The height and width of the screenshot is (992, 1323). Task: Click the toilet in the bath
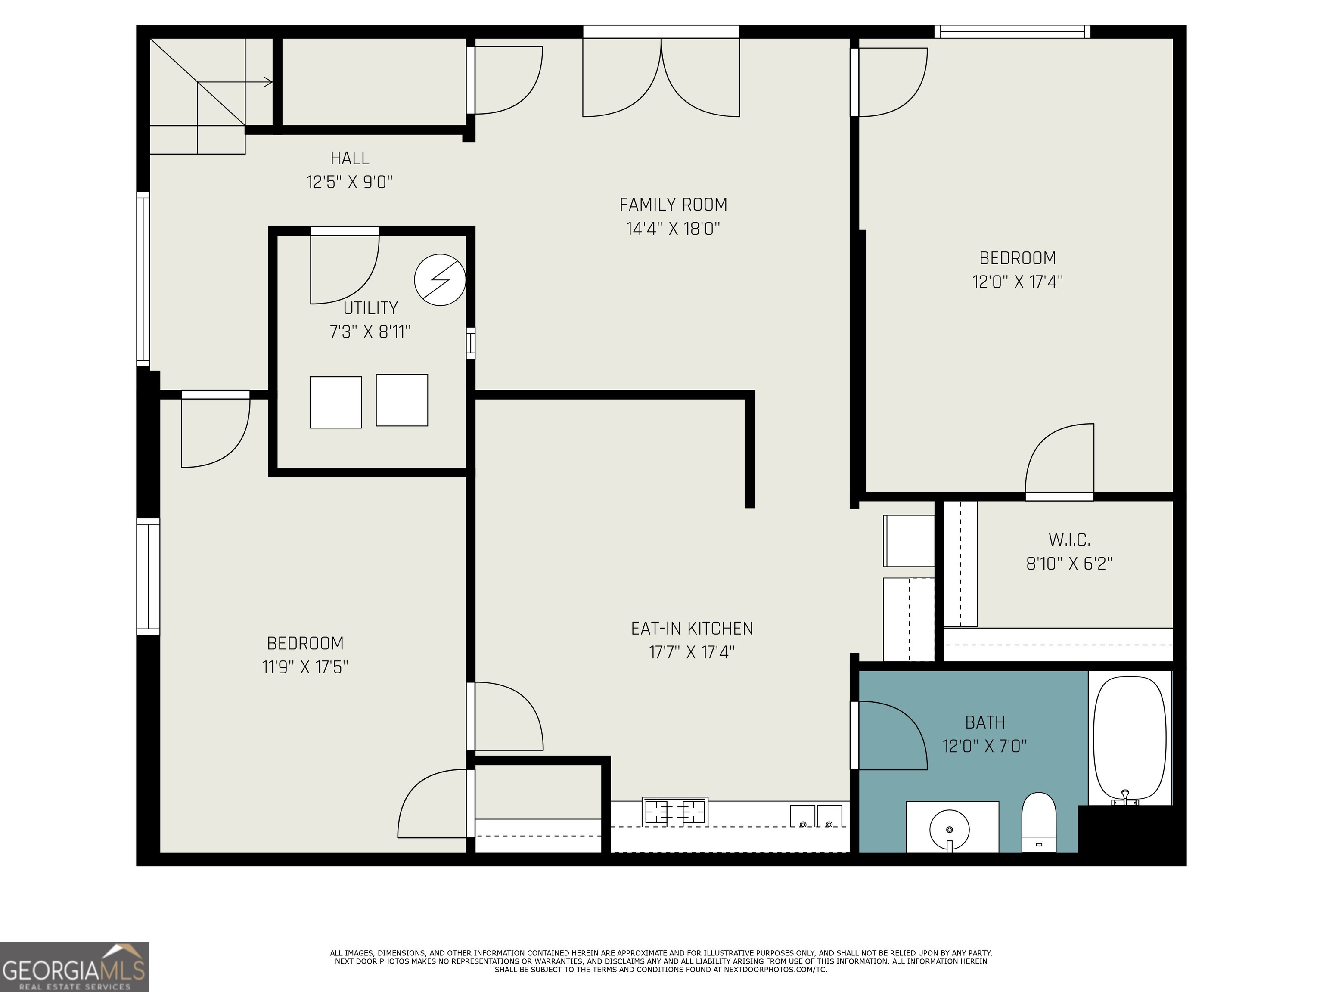1039,822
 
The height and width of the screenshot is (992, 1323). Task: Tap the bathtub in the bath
1129,738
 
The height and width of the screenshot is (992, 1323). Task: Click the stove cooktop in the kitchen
675,812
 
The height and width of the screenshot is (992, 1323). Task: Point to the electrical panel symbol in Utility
440,280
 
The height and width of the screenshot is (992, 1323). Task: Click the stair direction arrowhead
268,82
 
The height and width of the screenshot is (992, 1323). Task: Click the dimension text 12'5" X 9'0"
349,182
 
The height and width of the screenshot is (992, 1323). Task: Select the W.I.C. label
1069,540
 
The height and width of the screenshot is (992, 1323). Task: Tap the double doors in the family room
661,78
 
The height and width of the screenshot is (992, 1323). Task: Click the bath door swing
891,735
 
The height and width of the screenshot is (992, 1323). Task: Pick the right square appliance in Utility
402,400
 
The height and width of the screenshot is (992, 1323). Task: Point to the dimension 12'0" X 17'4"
1017,282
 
